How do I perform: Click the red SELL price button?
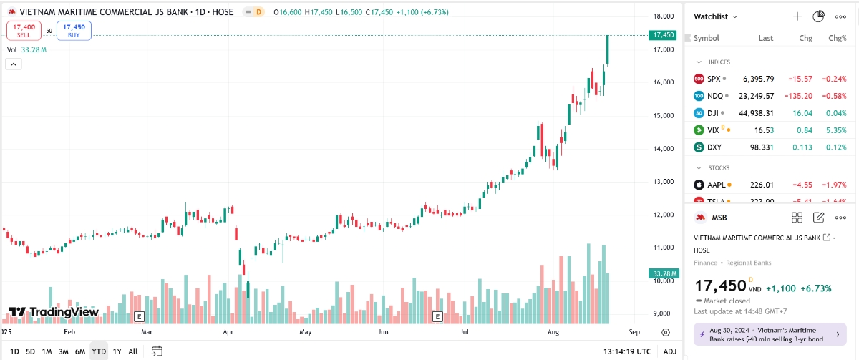point(24,30)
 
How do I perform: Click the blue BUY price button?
point(74,30)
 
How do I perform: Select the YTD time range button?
point(99,351)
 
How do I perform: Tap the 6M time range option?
point(80,351)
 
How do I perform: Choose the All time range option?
point(133,351)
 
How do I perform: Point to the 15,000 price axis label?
point(663,115)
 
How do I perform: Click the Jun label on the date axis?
point(383,332)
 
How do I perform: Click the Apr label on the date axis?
point(228,332)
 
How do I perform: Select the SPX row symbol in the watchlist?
point(714,79)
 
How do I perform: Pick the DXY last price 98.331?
point(760,147)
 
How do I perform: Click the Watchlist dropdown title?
point(716,16)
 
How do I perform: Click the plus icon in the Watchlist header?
point(797,16)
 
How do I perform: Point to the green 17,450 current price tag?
point(663,34)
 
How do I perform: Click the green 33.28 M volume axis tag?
point(663,273)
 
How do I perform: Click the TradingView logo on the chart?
point(54,312)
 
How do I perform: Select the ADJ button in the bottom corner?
point(669,351)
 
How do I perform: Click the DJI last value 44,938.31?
point(757,113)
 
